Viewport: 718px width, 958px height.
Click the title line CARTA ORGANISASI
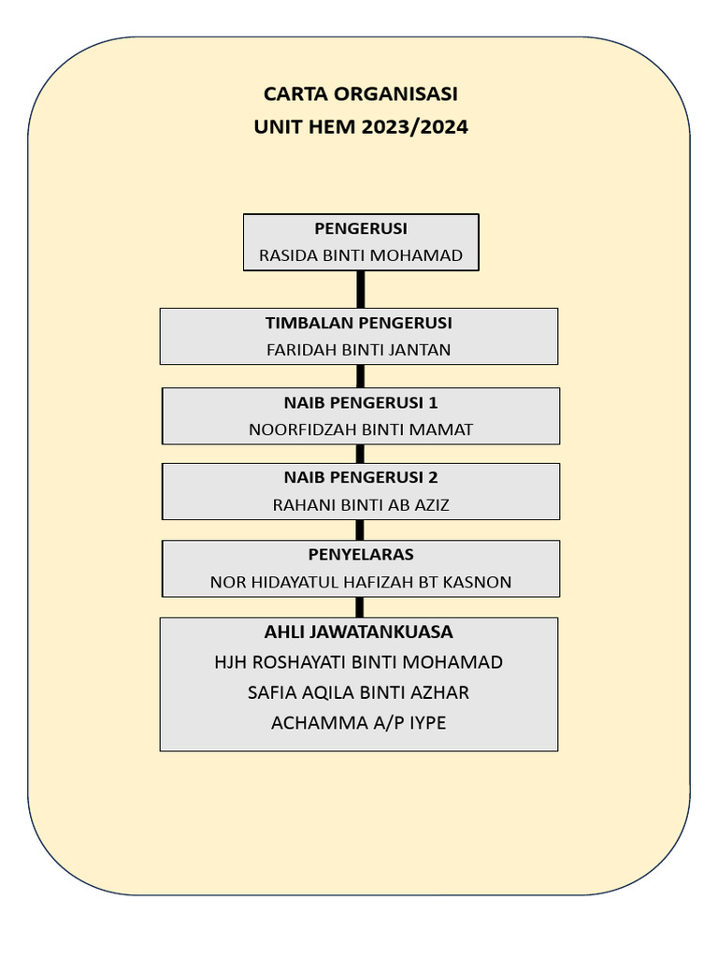360,94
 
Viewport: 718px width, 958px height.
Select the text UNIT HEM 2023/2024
360,126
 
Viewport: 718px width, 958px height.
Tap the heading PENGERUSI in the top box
360,228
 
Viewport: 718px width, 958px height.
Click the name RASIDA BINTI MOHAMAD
360,254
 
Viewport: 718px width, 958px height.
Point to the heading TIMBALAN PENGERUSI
359,323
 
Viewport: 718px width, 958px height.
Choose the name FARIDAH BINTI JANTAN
359,350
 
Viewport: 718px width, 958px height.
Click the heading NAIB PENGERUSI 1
361,402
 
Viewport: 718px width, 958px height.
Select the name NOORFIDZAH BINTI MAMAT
361,429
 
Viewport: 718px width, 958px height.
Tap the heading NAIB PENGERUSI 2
361,477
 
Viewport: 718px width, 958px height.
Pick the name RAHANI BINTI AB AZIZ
361,505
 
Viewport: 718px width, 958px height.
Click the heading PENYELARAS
361,554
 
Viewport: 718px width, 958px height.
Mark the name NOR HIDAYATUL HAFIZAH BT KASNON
361,582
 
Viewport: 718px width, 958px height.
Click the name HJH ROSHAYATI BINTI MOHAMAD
359,662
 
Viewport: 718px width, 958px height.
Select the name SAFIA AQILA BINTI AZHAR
359,692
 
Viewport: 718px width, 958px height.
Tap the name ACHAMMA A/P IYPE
359,722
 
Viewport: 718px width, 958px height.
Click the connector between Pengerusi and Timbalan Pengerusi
360,289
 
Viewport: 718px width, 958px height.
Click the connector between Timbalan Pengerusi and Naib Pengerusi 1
360,376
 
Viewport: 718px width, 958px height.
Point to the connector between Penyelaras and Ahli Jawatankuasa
360,607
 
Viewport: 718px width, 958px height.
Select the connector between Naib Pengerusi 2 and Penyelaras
360,530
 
